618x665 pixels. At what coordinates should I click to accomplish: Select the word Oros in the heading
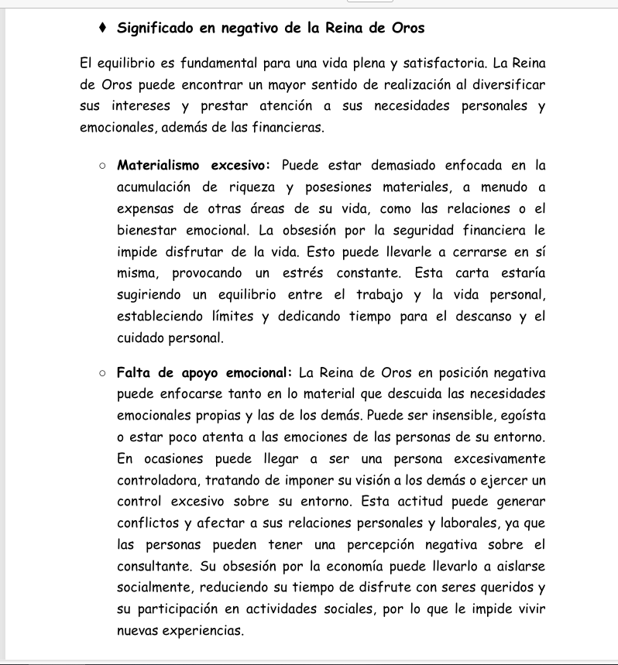404,29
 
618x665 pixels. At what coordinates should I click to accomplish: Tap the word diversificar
504,84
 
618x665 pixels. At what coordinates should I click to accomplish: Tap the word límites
232,317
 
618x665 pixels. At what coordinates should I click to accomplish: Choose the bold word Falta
134,373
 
